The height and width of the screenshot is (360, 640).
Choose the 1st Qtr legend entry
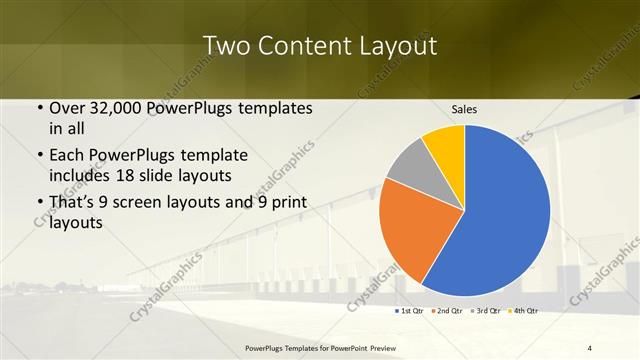[411, 311]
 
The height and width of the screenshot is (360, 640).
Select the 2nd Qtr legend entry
[447, 311]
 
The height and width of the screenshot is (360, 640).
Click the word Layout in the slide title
[397, 46]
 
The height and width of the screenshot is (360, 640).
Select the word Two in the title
[225, 46]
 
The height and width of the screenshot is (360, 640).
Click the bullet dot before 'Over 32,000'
[38, 108]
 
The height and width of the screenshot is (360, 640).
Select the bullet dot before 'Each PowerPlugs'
[38, 156]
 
